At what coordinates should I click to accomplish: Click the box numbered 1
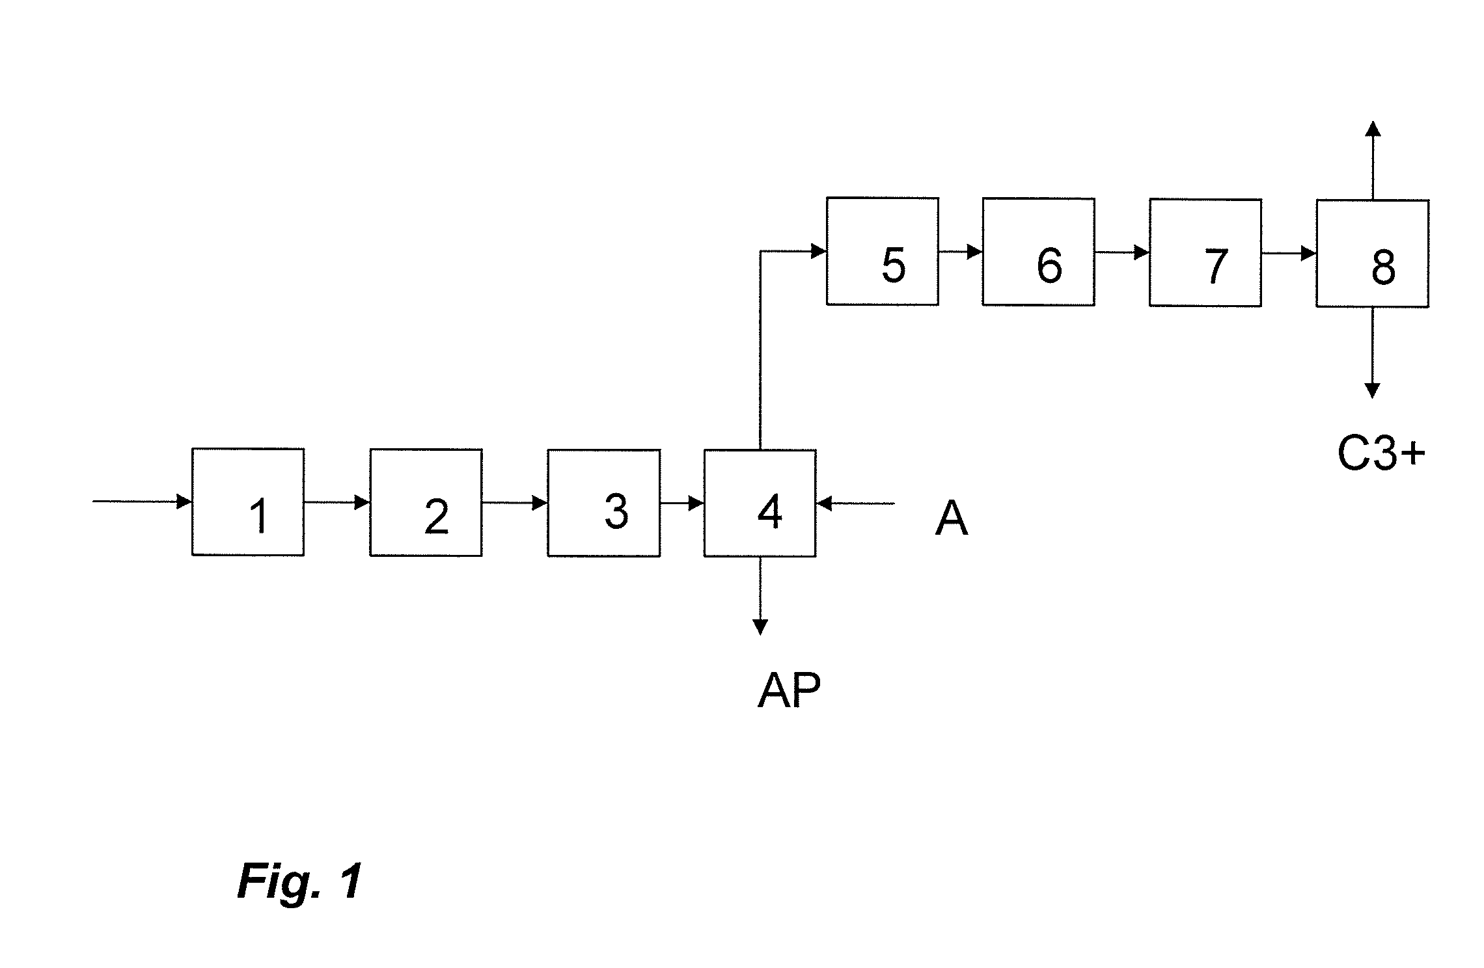247,502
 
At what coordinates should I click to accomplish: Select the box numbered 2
426,502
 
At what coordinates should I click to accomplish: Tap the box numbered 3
603,503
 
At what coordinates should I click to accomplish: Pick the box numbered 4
760,503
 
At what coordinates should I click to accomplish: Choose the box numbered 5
882,251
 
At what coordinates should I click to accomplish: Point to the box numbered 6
1038,252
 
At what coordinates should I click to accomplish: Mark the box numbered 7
1205,252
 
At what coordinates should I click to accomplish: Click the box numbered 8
1372,253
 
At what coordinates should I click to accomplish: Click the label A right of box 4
951,520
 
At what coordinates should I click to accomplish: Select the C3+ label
1381,453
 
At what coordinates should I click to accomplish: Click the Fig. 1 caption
299,881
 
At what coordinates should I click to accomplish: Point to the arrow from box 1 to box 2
337,502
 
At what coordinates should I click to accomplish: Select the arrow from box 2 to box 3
514,503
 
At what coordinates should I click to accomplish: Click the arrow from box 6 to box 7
1121,252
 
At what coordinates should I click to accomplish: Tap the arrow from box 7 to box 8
1289,252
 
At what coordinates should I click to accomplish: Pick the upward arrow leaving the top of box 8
1372,159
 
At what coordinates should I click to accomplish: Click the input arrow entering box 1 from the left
142,502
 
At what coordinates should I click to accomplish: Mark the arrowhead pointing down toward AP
760,627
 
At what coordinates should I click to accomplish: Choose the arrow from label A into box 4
855,503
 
